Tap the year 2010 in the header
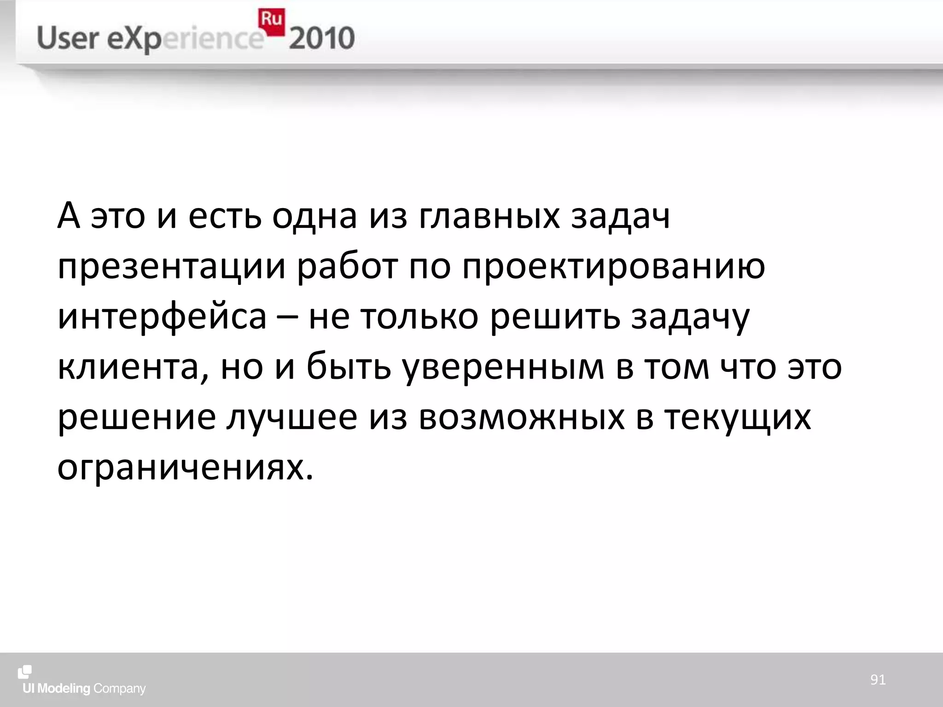click(x=322, y=38)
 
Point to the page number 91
click(x=878, y=679)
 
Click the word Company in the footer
click(x=120, y=689)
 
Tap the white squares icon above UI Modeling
click(x=25, y=672)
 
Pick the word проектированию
click(x=614, y=267)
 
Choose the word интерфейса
click(x=162, y=318)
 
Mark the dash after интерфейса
click(x=288, y=318)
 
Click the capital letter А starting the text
click(x=69, y=216)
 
